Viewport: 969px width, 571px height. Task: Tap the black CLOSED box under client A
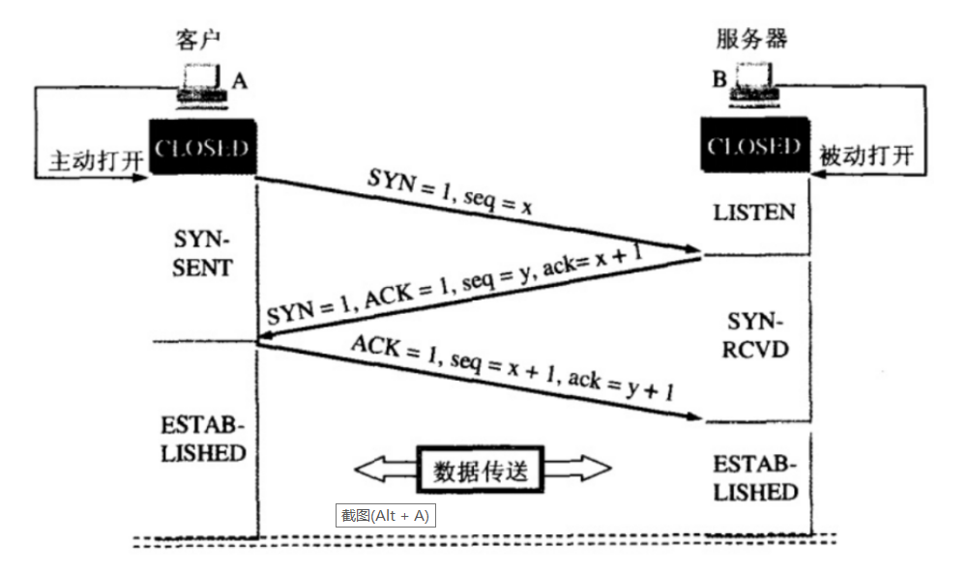pyautogui.click(x=202, y=148)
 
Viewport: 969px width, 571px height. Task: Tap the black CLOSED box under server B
pyautogui.click(x=754, y=147)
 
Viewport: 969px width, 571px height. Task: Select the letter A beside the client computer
pyautogui.click(x=240, y=81)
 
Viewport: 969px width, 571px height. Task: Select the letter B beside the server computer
pyautogui.click(x=719, y=78)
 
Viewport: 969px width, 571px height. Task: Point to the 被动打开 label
pyautogui.click(x=866, y=156)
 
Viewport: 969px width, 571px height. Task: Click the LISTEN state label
pyautogui.click(x=754, y=212)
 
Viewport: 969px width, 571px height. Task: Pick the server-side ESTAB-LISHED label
pyautogui.click(x=755, y=477)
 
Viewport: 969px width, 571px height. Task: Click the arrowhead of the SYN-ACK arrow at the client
pyautogui.click(x=263, y=338)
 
